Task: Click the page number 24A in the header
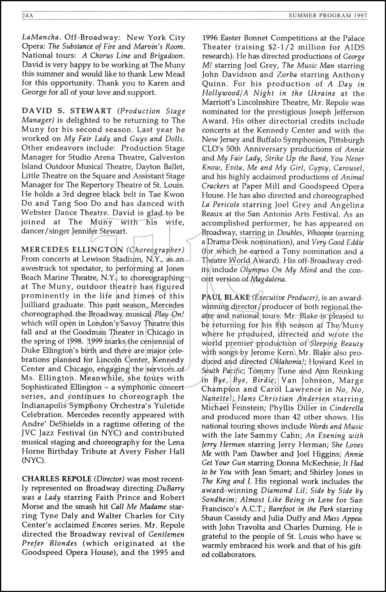click(x=28, y=16)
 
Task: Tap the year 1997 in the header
click(x=358, y=16)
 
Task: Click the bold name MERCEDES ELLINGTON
click(x=72, y=250)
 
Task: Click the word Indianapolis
click(x=47, y=406)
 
